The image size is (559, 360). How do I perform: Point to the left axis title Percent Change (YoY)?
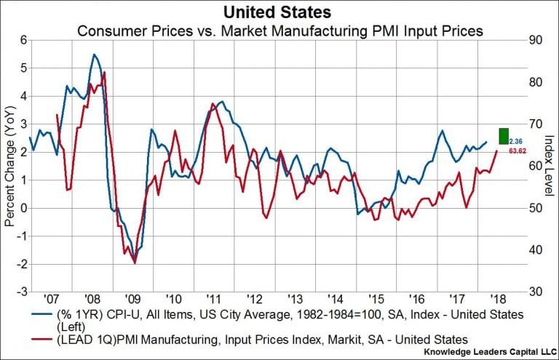[9, 165]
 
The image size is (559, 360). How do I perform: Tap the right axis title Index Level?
[549, 165]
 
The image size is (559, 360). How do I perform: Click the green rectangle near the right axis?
[503, 136]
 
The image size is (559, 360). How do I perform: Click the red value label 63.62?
[516, 151]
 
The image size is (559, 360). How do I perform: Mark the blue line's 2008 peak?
[95, 55]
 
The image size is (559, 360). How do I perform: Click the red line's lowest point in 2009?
[135, 263]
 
